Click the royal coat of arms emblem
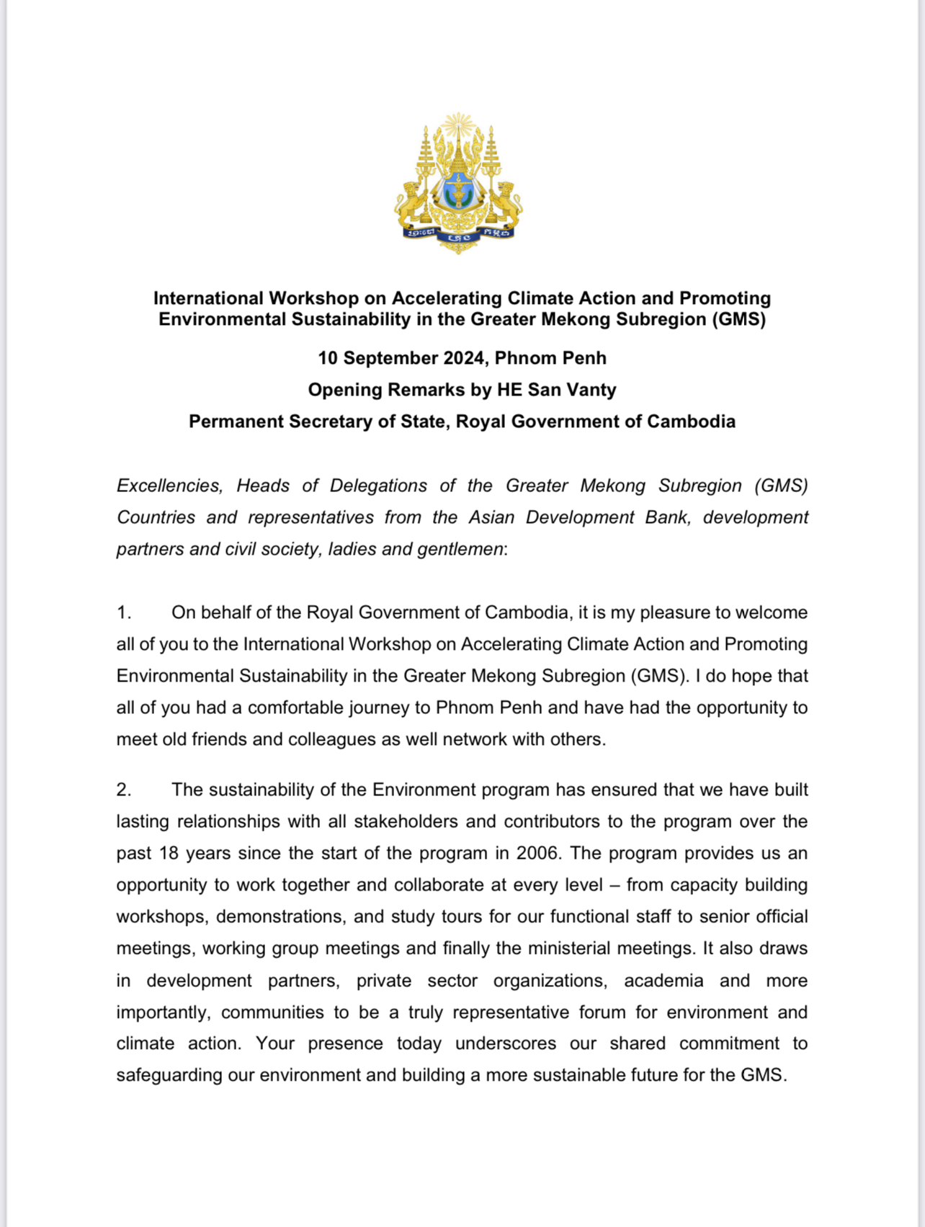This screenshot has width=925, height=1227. [458, 183]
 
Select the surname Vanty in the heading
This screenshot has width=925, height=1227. [591, 390]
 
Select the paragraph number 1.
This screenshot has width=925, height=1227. [124, 612]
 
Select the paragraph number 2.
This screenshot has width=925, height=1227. [124, 790]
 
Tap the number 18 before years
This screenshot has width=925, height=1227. [169, 853]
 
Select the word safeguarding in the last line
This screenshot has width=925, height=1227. [169, 1075]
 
